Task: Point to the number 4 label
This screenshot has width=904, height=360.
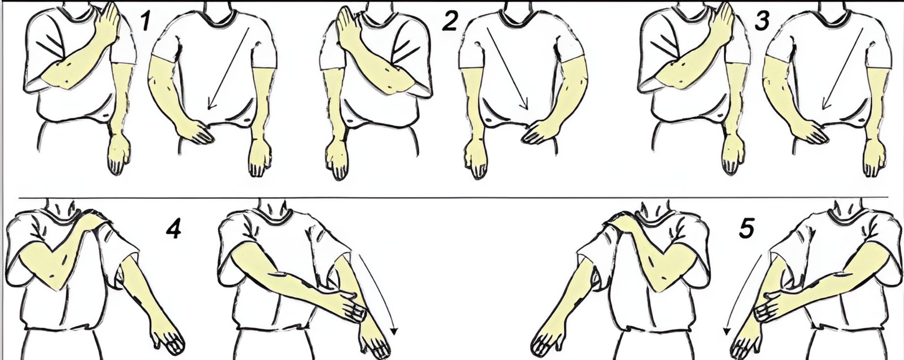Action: pyautogui.click(x=173, y=230)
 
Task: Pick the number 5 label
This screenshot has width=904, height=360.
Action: pyautogui.click(x=746, y=229)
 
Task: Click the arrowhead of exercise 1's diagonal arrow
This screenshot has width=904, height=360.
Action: pyautogui.click(x=211, y=105)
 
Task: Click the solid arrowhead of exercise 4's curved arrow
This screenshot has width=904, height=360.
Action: pyautogui.click(x=395, y=332)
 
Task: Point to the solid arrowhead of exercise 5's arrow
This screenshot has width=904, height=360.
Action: pyautogui.click(x=727, y=332)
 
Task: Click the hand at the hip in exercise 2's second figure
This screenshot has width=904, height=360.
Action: pyautogui.click(x=539, y=132)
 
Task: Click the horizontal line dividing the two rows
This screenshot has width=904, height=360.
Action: pyautogui.click(x=454, y=198)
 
